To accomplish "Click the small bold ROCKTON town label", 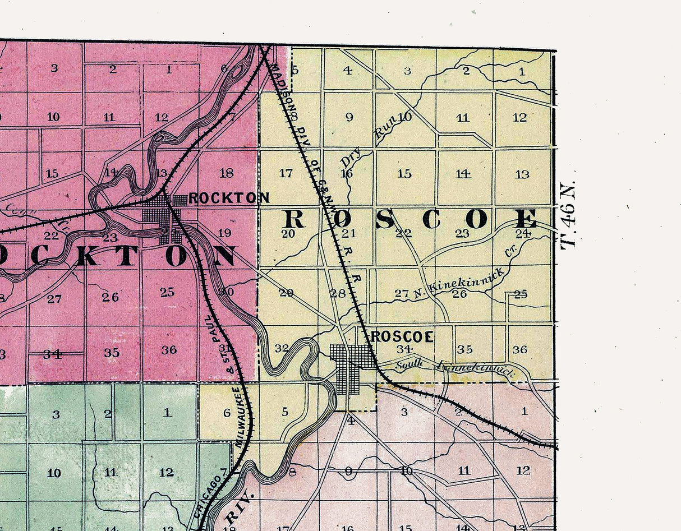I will pos(229,198).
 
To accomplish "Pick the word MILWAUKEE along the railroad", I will pos(238,417).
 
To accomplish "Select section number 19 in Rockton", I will pos(224,233).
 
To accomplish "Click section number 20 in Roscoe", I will pos(288,234).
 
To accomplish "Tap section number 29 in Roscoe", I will pos(286,292).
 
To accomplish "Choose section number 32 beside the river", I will pos(282,348).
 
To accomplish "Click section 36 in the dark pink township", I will pos(169,350).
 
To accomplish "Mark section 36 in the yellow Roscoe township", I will pos(519,349).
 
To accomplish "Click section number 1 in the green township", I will pos(167,413).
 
